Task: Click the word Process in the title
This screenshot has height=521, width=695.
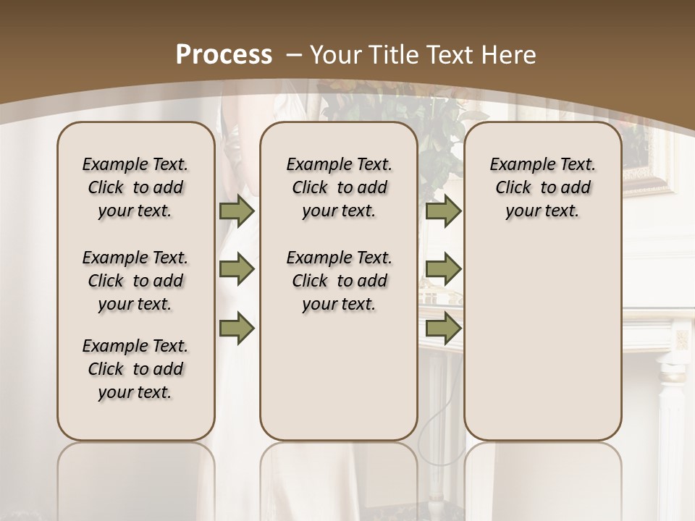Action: click(x=224, y=54)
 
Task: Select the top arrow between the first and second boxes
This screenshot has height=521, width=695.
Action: click(x=237, y=211)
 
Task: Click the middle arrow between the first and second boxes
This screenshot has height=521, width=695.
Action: click(x=237, y=270)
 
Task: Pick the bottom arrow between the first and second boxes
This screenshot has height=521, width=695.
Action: click(x=237, y=328)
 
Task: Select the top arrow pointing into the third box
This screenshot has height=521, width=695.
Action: click(x=443, y=211)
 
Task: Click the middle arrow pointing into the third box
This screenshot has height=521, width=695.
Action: click(x=443, y=270)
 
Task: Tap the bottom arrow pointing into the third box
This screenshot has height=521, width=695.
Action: click(x=443, y=328)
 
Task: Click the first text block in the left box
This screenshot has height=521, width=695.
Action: click(x=135, y=187)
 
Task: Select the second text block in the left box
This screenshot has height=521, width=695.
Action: click(x=135, y=281)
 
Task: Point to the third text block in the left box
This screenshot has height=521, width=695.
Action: click(x=135, y=369)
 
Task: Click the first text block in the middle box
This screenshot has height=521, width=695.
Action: click(x=339, y=187)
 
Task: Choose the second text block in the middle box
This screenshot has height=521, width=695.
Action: click(x=339, y=281)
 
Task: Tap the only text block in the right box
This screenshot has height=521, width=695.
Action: click(x=542, y=187)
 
